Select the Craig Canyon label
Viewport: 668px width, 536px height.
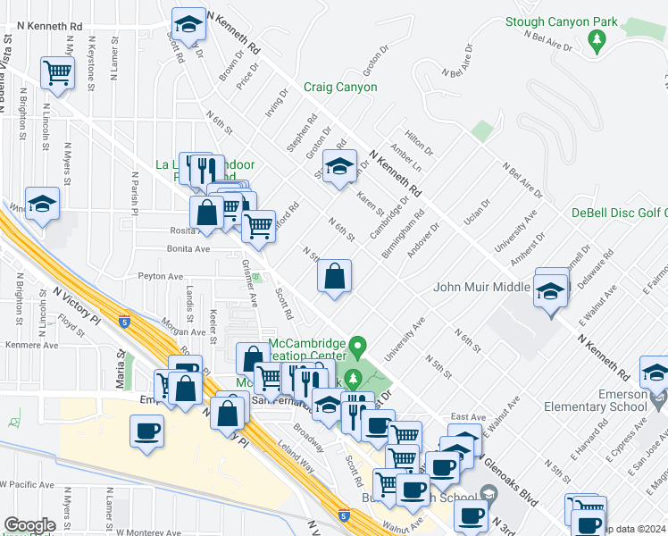[x=340, y=87]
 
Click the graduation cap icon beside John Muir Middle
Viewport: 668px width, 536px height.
[x=551, y=289]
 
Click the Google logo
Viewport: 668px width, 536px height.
[x=29, y=524]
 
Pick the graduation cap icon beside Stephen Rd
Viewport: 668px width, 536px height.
[x=338, y=165]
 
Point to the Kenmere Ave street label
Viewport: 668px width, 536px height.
[x=31, y=345]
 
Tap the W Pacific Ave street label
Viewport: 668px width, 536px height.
[x=27, y=483]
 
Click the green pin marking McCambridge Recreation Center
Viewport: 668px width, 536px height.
[x=358, y=344]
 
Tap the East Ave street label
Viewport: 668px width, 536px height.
[x=468, y=416]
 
